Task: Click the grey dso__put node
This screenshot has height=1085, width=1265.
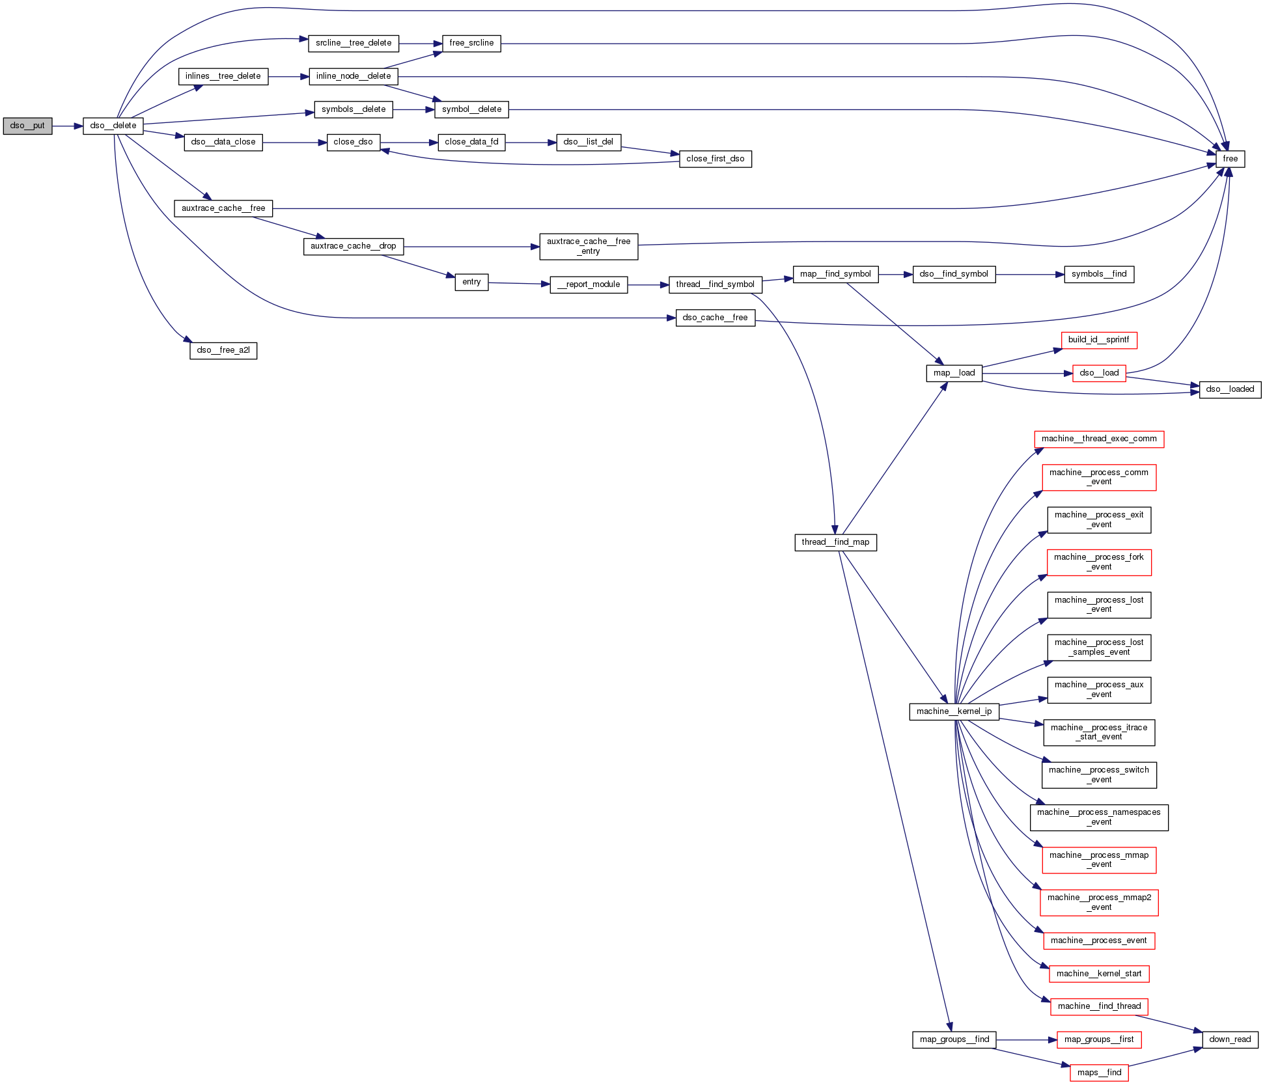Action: click(27, 126)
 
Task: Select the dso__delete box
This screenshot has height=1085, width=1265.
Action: click(113, 126)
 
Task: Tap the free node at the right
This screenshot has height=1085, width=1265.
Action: click(1230, 159)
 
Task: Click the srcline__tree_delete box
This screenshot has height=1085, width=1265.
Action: click(353, 43)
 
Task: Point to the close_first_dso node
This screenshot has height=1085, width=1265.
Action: click(715, 159)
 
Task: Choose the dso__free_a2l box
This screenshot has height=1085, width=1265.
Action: click(223, 350)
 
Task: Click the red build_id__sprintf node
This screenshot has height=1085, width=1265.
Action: click(1098, 340)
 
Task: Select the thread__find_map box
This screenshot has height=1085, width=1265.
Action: click(835, 542)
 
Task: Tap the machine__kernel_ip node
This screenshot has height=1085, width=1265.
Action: click(954, 711)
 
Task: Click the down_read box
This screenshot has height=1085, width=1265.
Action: click(1229, 1039)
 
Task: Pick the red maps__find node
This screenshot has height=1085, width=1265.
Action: click(1098, 1073)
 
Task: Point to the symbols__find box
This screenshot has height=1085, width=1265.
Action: click(1098, 274)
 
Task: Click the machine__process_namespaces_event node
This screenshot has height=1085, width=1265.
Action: click(1098, 817)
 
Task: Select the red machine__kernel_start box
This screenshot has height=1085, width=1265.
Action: click(1098, 974)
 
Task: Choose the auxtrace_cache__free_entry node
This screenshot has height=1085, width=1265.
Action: click(589, 246)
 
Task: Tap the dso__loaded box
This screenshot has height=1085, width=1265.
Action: click(1229, 389)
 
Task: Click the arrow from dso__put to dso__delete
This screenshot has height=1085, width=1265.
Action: click(67, 126)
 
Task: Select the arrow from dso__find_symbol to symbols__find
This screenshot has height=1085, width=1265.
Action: click(1029, 275)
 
